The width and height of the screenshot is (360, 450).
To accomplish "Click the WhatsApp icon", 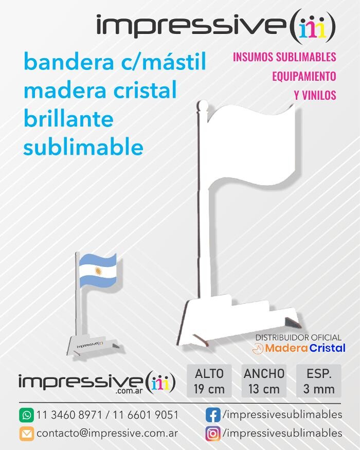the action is click(27, 415).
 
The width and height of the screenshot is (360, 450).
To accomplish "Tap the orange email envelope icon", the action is click(27, 434).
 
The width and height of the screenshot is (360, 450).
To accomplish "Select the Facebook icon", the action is click(213, 415).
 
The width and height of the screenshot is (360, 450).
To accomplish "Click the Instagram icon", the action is click(213, 434).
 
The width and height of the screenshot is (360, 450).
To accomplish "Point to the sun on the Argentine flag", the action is click(98, 271).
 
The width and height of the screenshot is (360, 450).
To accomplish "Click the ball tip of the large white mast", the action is click(203, 104).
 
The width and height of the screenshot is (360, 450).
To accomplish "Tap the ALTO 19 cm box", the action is click(209, 381).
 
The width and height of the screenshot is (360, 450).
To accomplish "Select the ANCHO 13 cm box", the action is click(264, 381).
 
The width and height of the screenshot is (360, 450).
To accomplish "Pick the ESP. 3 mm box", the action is click(319, 381).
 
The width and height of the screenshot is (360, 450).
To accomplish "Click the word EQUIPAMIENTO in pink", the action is click(304, 76).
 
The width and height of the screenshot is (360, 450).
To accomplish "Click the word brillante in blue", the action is click(68, 119).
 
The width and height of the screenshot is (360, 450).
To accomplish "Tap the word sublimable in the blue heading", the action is click(83, 147).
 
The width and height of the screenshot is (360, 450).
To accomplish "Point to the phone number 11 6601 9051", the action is click(146, 415).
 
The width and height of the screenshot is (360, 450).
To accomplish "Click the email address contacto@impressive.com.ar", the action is click(107, 434).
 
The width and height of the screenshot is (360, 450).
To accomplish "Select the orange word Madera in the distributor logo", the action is click(286, 348).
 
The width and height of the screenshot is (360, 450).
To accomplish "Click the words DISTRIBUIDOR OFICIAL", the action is click(299, 337).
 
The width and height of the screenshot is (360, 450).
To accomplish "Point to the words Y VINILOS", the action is click(315, 95).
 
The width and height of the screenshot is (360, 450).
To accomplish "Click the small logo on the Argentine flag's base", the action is click(90, 345).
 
